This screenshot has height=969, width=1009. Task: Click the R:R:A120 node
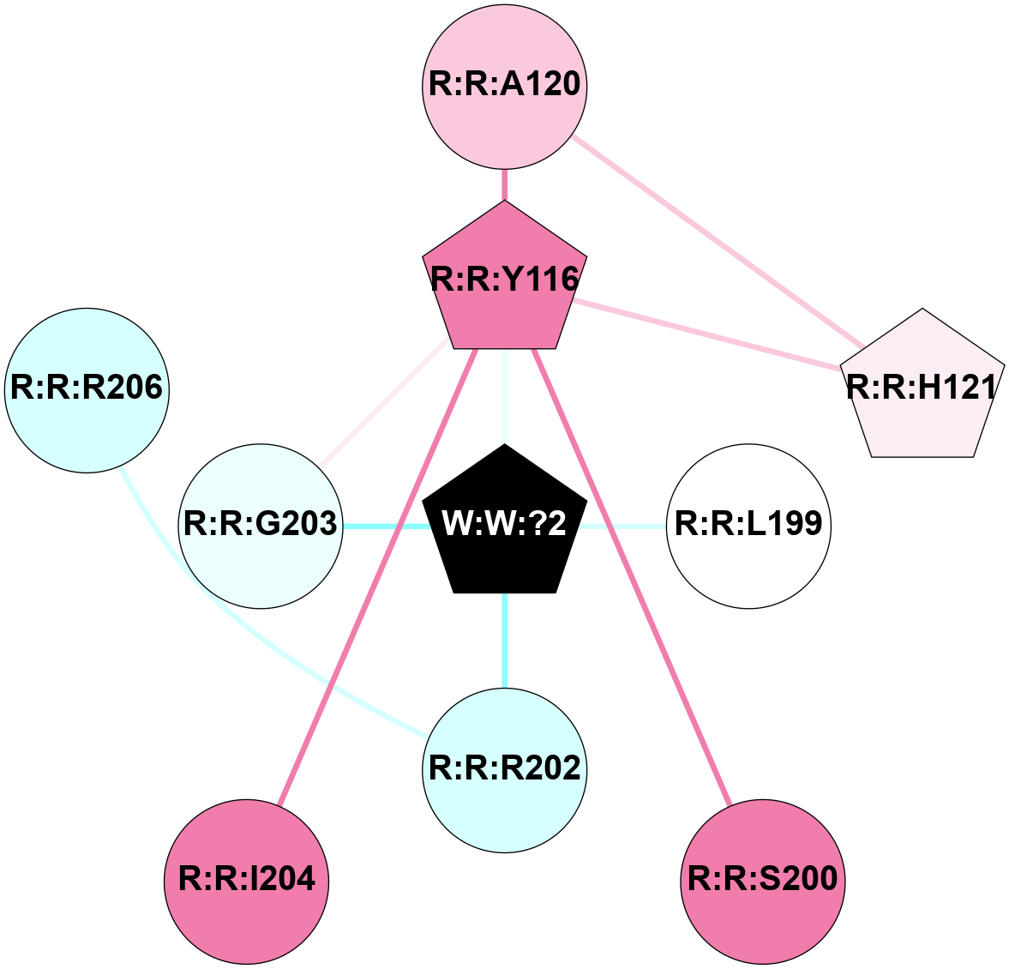click(505, 86)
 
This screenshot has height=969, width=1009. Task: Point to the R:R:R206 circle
click(87, 389)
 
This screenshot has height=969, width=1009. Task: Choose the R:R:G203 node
click(261, 525)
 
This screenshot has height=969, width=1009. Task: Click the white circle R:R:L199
click(748, 525)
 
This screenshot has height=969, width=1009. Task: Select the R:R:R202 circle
click(505, 769)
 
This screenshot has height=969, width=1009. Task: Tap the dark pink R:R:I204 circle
click(247, 880)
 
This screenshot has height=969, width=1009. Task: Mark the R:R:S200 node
click(763, 880)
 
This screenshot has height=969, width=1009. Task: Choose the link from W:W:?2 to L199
click(626, 526)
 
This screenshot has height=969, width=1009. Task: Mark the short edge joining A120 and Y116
click(505, 184)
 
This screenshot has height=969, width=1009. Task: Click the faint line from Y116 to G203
click(386, 403)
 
